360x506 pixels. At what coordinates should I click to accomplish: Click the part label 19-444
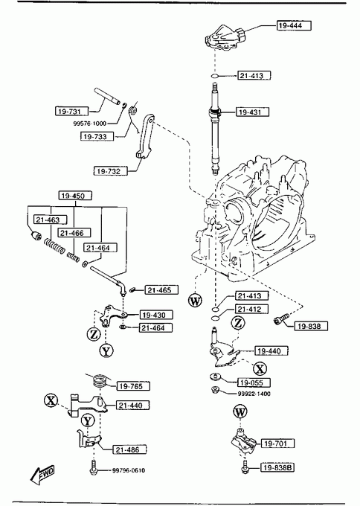click(294, 25)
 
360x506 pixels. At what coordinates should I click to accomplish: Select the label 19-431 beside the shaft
click(252, 112)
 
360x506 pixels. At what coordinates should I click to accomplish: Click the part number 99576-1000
click(90, 124)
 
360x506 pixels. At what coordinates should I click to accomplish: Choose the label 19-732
click(110, 170)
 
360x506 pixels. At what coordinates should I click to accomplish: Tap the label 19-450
click(75, 196)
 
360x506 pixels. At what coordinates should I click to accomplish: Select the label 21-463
click(51, 220)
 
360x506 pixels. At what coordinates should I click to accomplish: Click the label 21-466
click(74, 233)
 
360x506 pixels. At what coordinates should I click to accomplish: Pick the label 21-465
click(161, 289)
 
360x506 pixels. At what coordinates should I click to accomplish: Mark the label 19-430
click(156, 315)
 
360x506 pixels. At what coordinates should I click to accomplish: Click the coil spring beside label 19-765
click(100, 380)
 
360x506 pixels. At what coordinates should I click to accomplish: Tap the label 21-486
click(129, 449)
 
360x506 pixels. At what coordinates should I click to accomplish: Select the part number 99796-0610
click(129, 470)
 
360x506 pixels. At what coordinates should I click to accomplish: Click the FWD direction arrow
click(42, 475)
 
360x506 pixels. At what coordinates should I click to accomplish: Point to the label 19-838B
click(277, 467)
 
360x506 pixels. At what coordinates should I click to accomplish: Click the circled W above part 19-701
click(240, 411)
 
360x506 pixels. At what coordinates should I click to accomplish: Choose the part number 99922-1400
click(254, 394)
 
